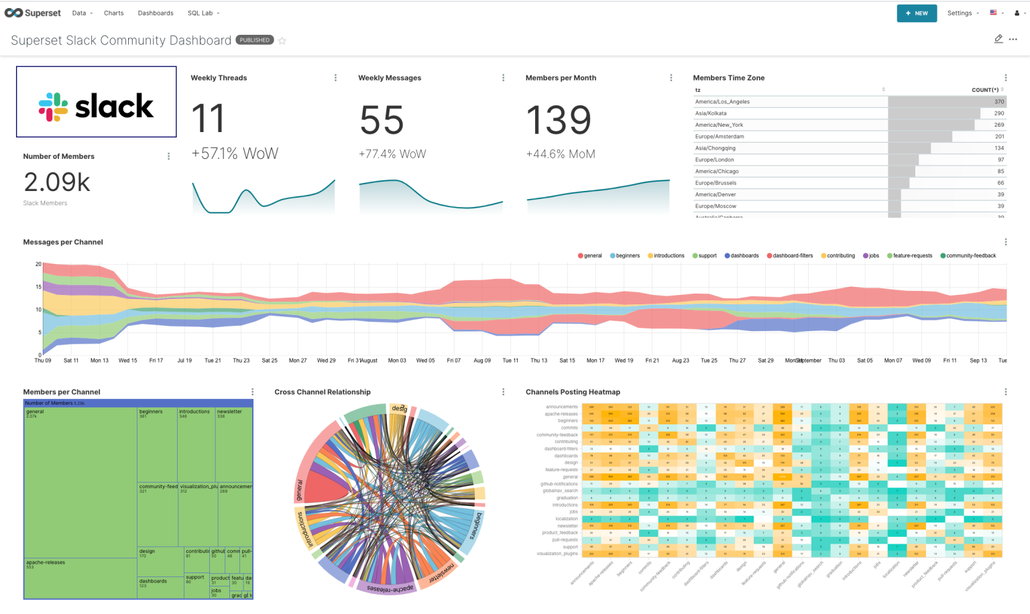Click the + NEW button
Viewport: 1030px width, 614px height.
point(917,13)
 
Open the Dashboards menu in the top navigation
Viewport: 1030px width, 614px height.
point(156,13)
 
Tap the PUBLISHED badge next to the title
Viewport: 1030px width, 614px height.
point(255,40)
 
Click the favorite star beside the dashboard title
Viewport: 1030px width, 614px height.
point(282,41)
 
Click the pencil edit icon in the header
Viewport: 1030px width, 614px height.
point(998,40)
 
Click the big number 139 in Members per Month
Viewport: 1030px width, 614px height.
point(559,121)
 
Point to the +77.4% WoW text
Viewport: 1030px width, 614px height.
point(392,154)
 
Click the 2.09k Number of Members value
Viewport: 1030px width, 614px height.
point(57,182)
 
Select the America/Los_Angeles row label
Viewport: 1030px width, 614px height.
point(722,102)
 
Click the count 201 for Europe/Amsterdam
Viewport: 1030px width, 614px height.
point(999,137)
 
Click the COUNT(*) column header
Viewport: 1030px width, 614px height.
point(984,90)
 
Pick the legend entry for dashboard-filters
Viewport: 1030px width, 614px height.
point(792,256)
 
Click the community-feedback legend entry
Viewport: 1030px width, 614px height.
point(970,256)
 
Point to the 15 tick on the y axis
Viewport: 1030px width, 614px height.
point(38,287)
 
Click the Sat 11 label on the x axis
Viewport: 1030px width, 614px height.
point(71,361)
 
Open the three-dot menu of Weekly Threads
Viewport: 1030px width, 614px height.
point(335,78)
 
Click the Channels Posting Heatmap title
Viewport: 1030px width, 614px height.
point(573,392)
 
